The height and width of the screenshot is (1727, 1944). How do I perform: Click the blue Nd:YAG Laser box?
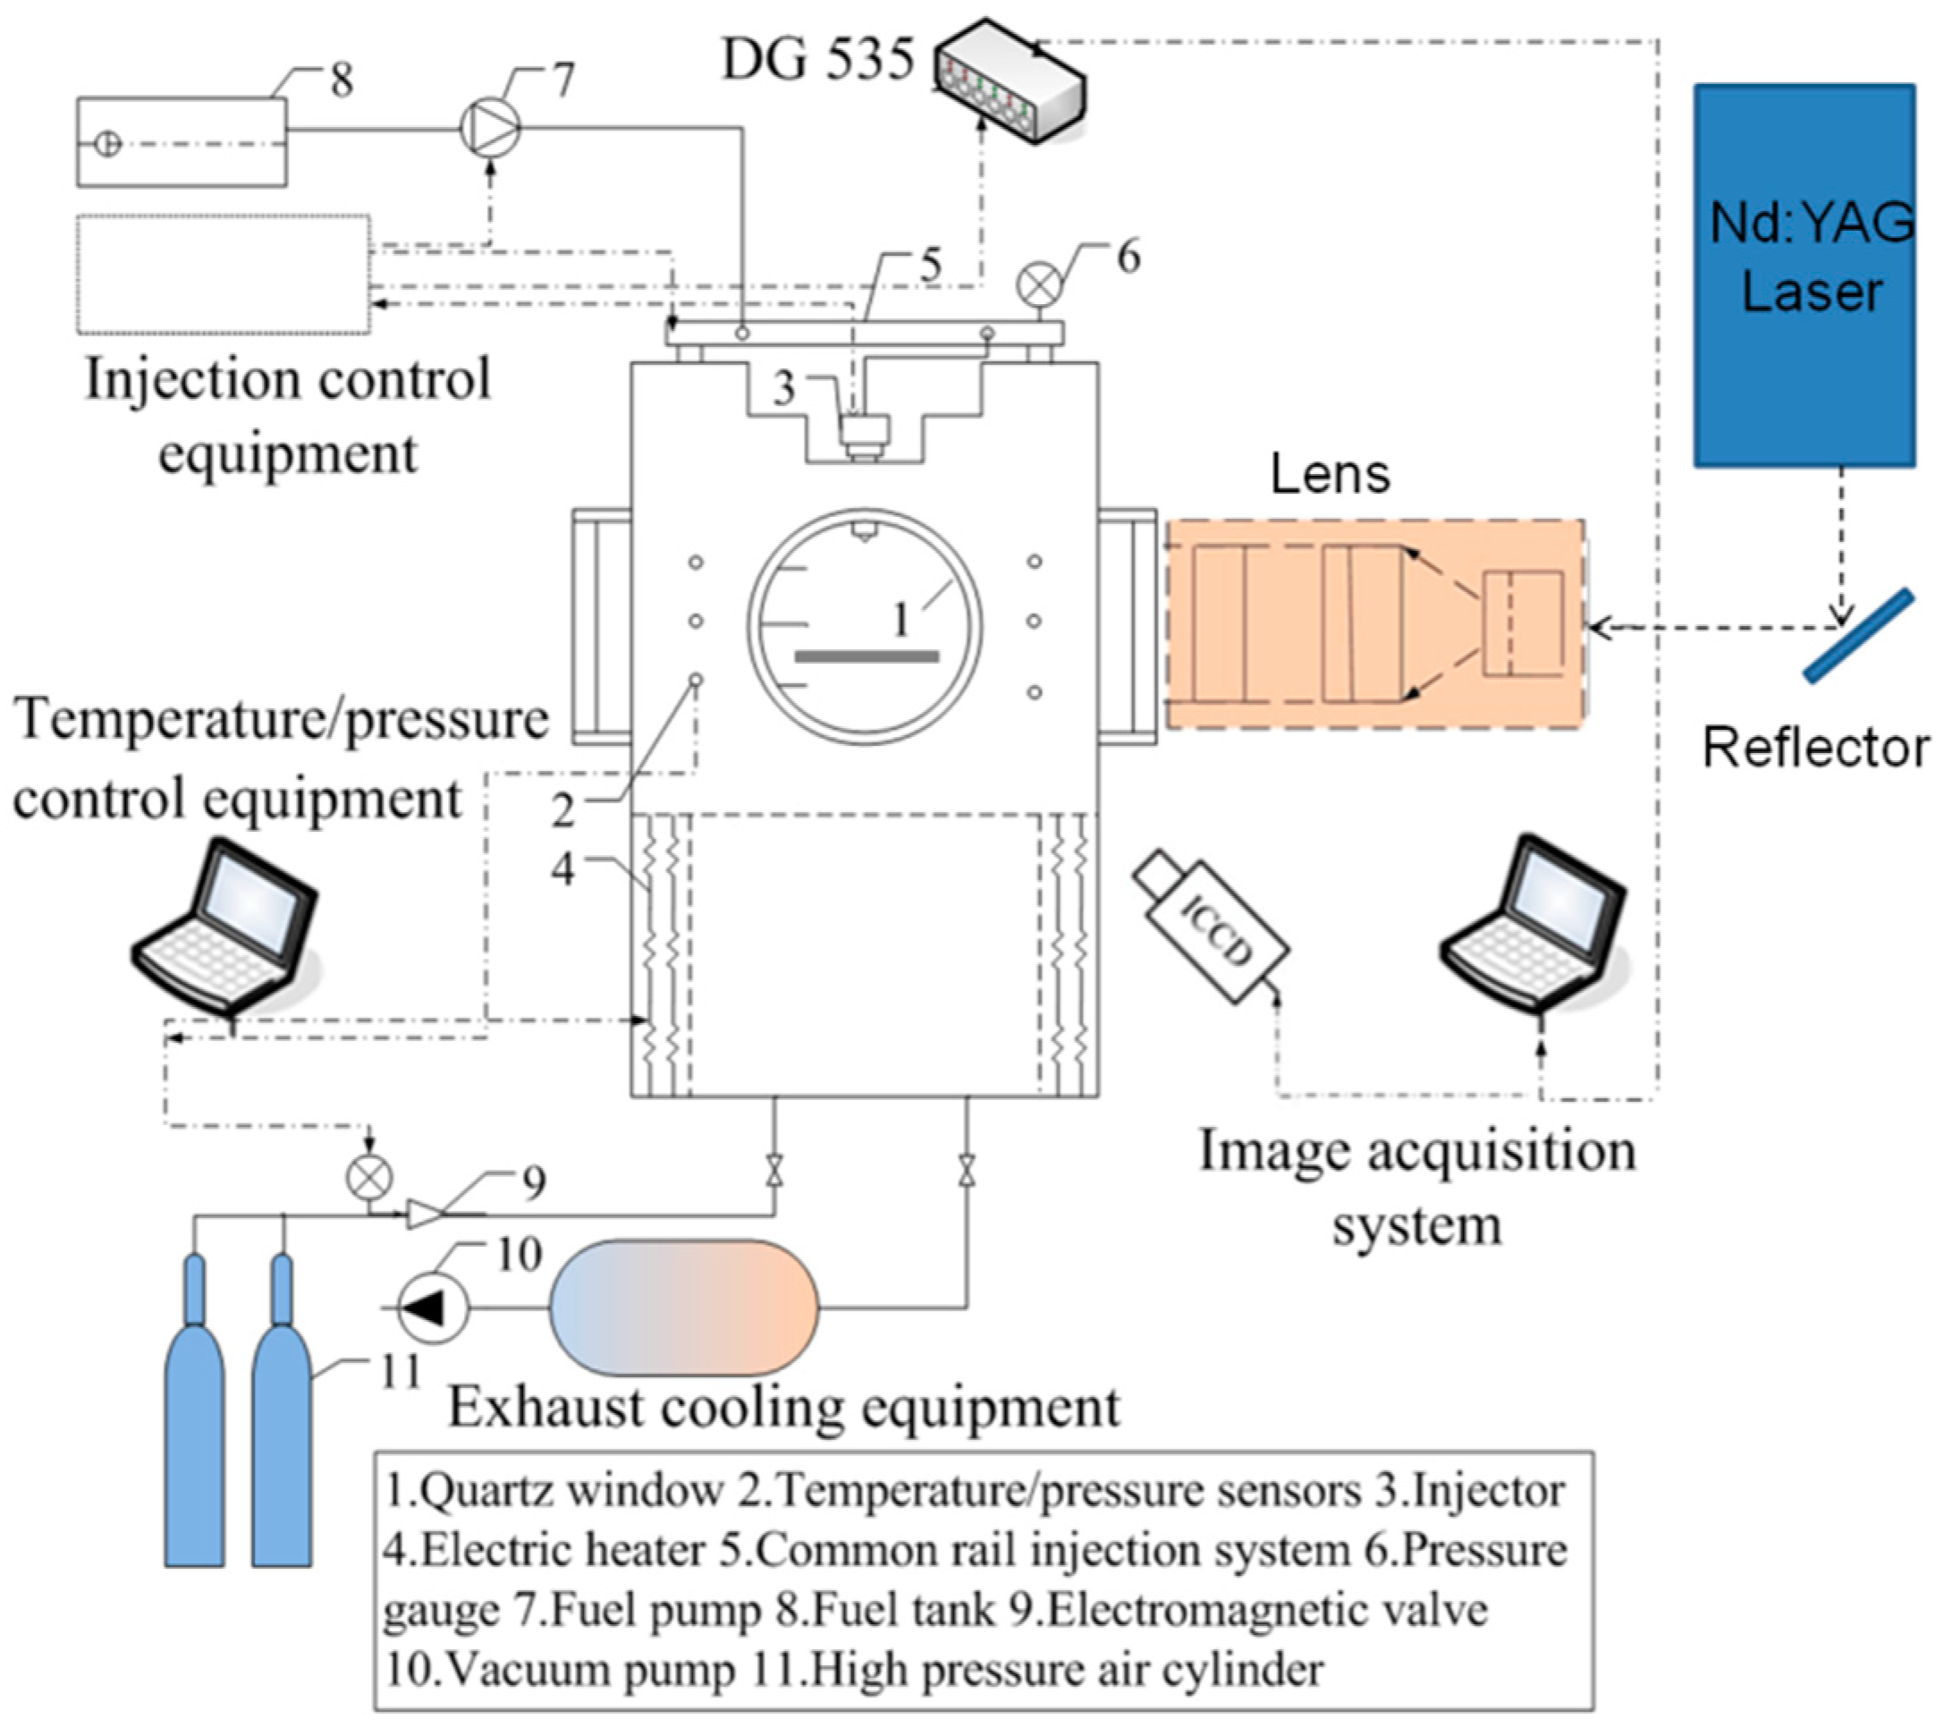coord(1805,275)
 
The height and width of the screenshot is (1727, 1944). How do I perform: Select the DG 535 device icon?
coord(1010,80)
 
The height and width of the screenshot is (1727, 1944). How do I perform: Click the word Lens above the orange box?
coord(1330,474)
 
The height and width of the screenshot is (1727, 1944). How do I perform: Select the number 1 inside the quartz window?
coord(900,620)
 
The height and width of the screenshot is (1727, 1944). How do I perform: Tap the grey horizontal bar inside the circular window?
coord(866,656)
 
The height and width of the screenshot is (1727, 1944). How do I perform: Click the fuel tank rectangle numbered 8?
coord(182,141)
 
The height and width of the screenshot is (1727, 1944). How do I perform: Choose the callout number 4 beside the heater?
coord(563,868)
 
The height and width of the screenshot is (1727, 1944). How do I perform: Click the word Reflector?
coord(1815,748)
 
